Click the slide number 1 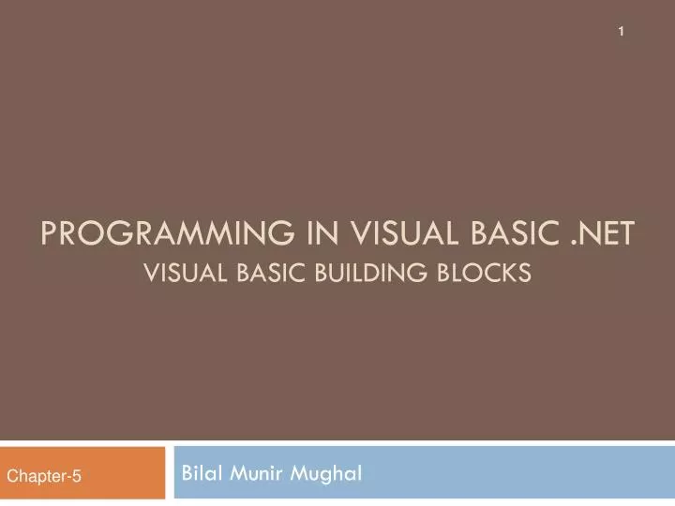(x=620, y=33)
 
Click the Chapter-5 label (x=44, y=477)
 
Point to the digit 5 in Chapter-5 (x=77, y=477)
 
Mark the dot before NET (x=573, y=241)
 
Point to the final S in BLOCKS (x=525, y=273)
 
